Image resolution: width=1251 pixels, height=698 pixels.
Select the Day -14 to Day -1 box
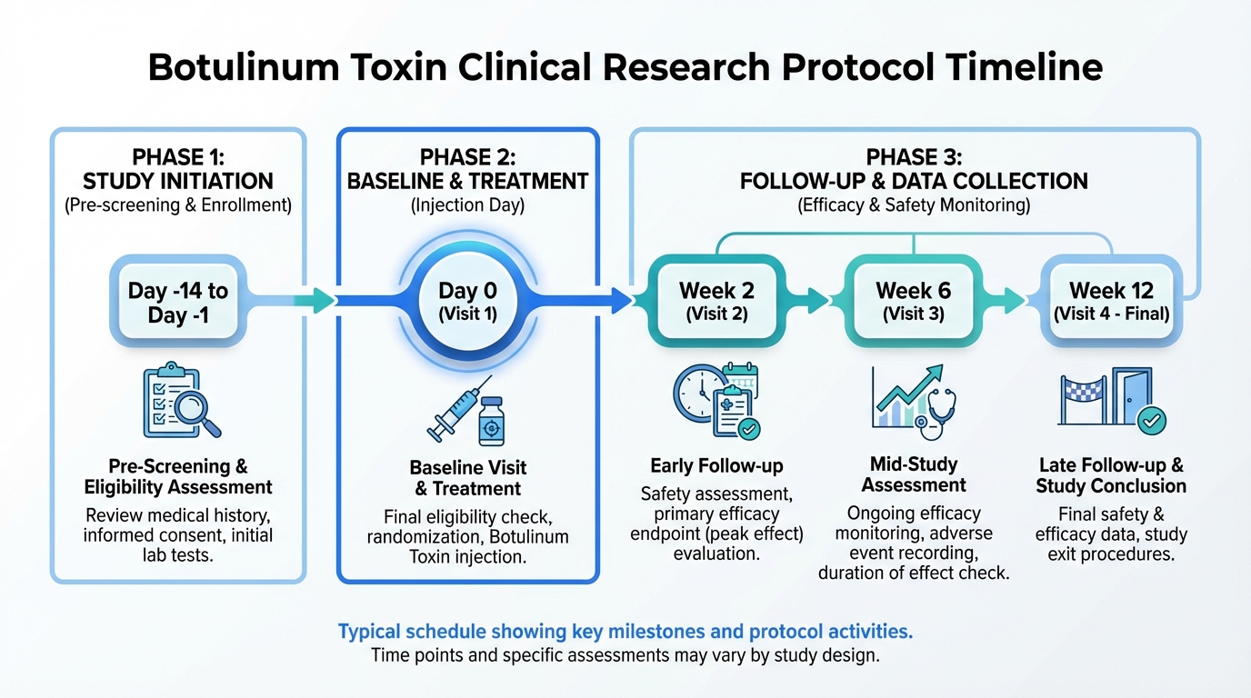click(178, 303)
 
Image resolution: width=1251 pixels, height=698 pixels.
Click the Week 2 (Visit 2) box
click(717, 301)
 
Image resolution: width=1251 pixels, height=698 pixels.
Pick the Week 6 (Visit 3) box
click(913, 301)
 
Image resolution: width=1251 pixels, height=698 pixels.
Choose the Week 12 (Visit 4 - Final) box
click(1111, 301)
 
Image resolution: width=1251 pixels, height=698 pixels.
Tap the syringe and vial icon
click(467, 410)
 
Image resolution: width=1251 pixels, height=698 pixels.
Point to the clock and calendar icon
click(717, 400)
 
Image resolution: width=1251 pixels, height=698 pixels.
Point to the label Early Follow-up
click(716, 466)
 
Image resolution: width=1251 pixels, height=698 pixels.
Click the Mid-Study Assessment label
click(914, 474)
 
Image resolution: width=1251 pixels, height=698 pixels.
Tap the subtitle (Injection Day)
click(467, 205)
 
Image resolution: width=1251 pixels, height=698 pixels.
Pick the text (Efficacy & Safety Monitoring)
click(914, 205)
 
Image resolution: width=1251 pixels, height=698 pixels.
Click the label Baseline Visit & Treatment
click(467, 478)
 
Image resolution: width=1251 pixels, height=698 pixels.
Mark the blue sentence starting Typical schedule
click(625, 631)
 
